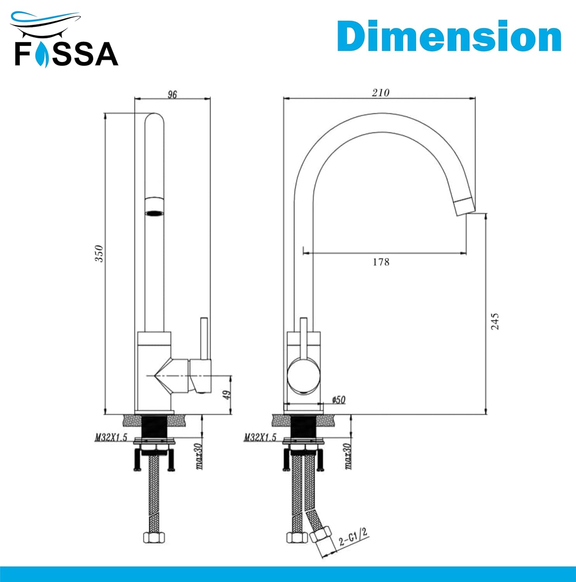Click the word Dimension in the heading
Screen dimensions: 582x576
[449, 36]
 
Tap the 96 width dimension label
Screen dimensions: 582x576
[172, 94]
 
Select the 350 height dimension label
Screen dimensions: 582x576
[100, 254]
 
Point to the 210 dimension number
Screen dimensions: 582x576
[380, 93]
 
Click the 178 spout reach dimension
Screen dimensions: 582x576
[381, 262]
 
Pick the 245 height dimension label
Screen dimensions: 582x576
[495, 321]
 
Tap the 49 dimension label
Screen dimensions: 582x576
[227, 395]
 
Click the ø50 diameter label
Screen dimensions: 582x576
[338, 400]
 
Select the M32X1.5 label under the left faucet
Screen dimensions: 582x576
[111, 438]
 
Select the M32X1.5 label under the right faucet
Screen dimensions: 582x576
[260, 438]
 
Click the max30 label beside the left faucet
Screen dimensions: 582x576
[199, 456]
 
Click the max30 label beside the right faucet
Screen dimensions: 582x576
[348, 456]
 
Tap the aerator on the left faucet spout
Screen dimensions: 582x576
[154, 213]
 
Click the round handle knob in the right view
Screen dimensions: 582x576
[304, 376]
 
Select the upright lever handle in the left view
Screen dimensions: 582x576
[204, 338]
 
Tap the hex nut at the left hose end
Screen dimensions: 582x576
[154, 537]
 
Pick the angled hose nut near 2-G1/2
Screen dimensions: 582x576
[321, 536]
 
